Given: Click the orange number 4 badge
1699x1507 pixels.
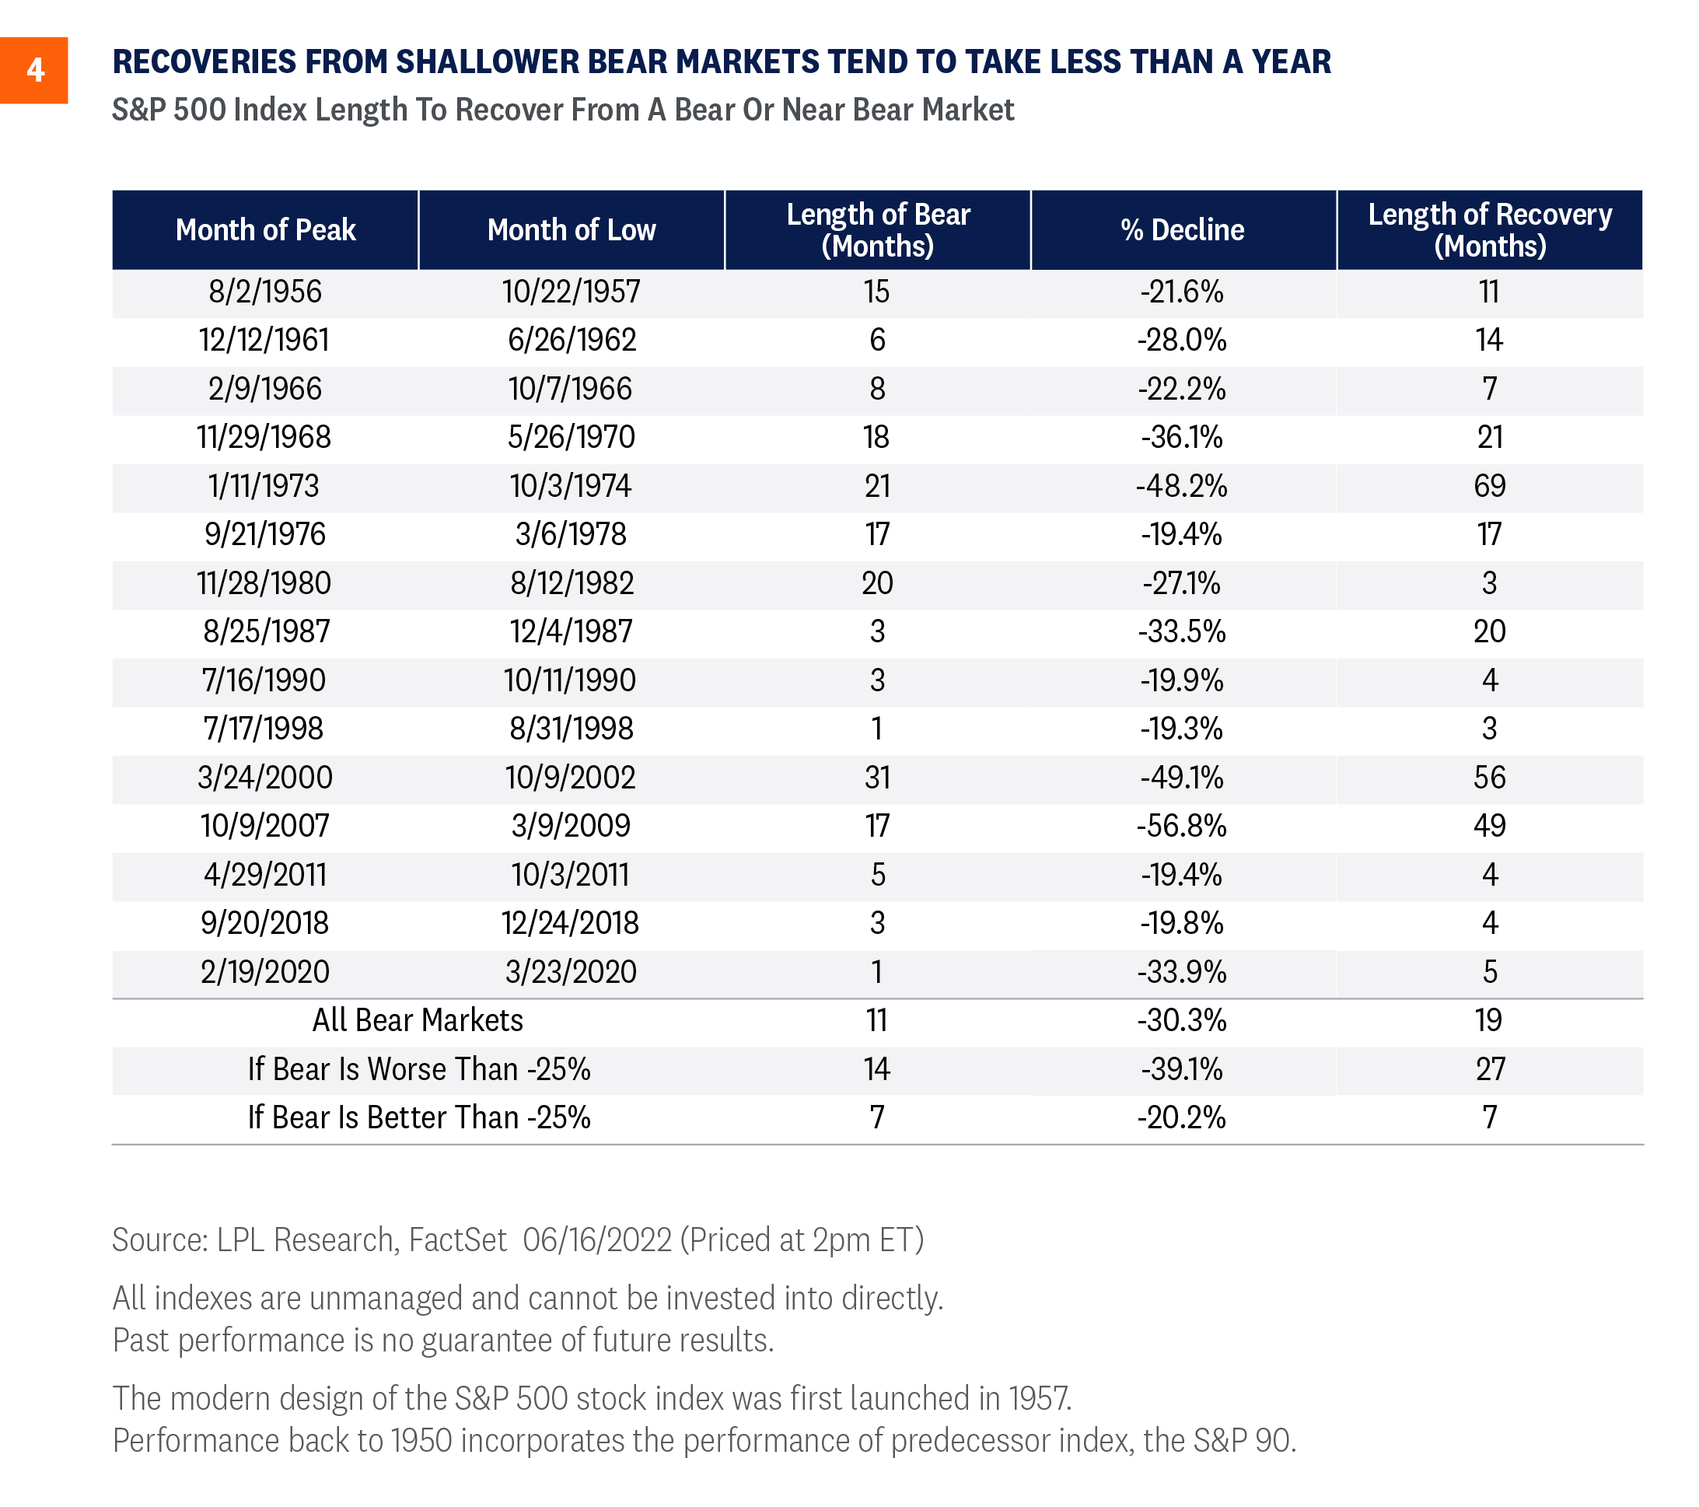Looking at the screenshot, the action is coord(33,71).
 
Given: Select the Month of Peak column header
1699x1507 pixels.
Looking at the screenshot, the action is coord(265,230).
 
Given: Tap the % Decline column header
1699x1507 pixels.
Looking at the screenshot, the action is coord(1183,230).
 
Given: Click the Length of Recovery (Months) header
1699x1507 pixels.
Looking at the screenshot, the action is coord(1490,230).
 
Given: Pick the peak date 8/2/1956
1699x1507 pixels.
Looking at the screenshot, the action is coord(265,292).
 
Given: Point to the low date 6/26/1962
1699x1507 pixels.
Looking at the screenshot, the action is coord(572,340).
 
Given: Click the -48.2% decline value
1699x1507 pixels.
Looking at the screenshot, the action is coord(1182,486).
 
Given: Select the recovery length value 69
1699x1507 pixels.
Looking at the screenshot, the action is coord(1490,486).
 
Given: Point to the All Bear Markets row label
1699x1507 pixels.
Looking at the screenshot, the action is coord(418,1021).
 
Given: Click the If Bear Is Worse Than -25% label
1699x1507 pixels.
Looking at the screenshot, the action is coord(419,1070).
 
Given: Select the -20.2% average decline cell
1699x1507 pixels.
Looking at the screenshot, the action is coord(1182,1118).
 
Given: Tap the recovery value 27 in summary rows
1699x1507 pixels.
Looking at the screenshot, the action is coord(1491,1070).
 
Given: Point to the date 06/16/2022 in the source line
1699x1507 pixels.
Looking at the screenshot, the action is coord(597,1240).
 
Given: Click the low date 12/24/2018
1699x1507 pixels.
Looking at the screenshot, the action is coord(570,924).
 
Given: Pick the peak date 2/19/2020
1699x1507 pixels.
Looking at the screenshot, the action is coord(265,973).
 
